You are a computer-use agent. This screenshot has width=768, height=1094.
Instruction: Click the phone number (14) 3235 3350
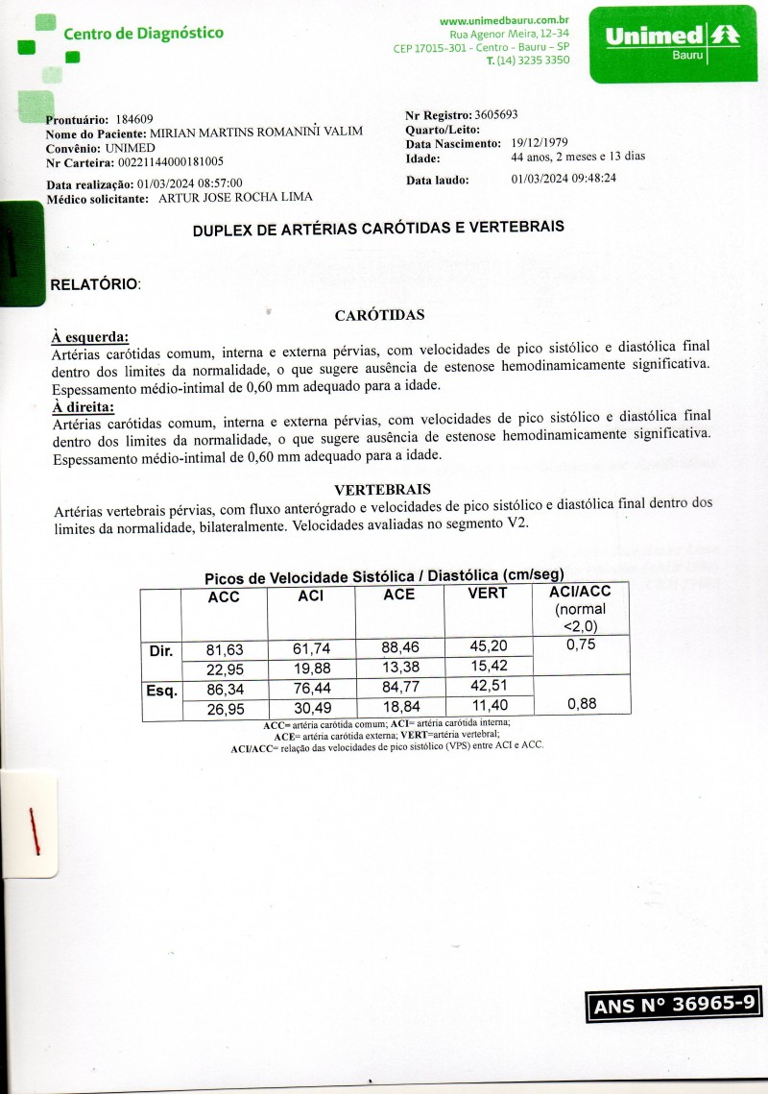click(x=528, y=61)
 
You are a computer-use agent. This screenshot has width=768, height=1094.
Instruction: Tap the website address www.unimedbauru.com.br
click(x=505, y=20)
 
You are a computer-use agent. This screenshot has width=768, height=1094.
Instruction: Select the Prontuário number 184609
click(x=133, y=119)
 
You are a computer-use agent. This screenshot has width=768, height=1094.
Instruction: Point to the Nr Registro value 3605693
click(x=496, y=115)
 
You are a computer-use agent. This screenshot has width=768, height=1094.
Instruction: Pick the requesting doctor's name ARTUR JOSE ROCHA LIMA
click(x=234, y=198)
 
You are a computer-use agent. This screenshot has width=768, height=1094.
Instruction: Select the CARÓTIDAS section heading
click(x=379, y=315)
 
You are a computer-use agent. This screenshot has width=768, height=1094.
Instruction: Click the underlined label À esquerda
click(x=89, y=337)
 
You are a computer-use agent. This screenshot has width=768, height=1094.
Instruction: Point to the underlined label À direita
click(x=83, y=405)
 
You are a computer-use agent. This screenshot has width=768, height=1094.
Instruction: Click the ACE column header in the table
click(x=398, y=595)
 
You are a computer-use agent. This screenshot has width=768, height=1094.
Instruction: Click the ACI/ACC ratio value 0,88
click(x=582, y=704)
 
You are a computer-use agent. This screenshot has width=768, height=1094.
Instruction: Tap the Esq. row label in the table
click(x=160, y=689)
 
